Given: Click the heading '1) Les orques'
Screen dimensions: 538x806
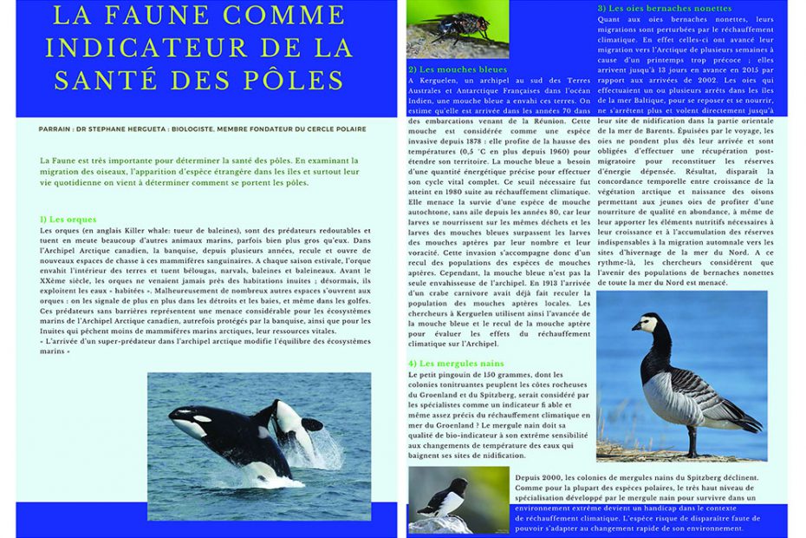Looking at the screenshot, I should pos(68,220).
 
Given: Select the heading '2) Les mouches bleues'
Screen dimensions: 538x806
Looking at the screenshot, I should pos(457,69).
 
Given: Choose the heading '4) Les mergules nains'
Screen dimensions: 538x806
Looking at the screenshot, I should pos(456,362).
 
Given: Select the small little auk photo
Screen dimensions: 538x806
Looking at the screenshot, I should pos(452,499).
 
